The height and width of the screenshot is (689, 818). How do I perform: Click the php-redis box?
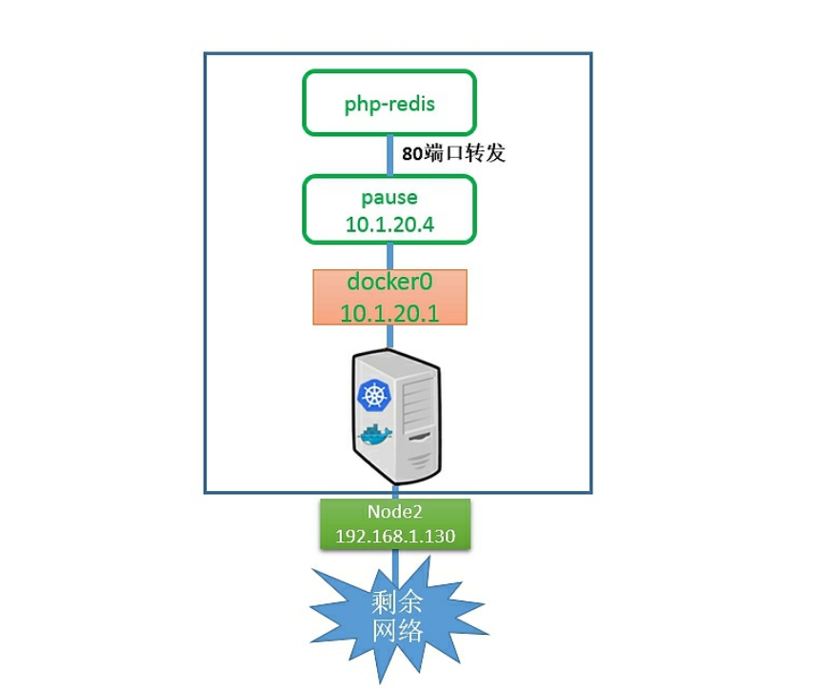pyautogui.click(x=389, y=102)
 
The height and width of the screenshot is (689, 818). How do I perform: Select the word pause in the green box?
pyautogui.click(x=389, y=198)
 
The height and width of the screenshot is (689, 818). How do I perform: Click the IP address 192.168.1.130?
pyautogui.click(x=394, y=536)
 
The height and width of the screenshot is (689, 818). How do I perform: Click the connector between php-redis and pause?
pyautogui.click(x=389, y=152)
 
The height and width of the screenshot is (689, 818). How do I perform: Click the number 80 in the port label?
pyautogui.click(x=411, y=152)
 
